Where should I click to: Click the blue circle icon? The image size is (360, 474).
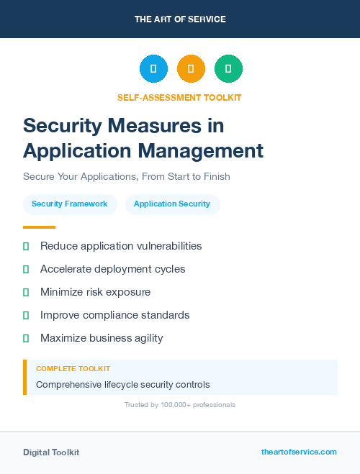pos(153,69)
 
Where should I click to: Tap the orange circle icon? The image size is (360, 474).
pos(191,69)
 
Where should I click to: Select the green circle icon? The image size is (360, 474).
pos(228,69)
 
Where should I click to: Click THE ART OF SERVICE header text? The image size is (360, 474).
pos(180,19)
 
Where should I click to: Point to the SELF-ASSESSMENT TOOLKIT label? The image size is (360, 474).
pos(179,97)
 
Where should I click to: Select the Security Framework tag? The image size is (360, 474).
pos(70,204)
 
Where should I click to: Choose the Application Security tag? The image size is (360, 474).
pos(172,204)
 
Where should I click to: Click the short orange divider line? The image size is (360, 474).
pos(39,227)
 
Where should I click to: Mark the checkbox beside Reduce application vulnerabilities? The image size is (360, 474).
pos(26,246)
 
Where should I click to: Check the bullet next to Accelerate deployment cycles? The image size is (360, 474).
pos(26,269)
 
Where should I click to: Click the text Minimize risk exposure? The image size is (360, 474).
pos(95,292)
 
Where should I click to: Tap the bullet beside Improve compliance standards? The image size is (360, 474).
pos(26,315)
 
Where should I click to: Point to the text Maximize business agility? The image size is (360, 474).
pos(102,338)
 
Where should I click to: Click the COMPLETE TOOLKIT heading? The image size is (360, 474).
pos(73,368)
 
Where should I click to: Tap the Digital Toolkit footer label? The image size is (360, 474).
pos(51,452)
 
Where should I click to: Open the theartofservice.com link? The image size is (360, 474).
pos(299,452)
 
